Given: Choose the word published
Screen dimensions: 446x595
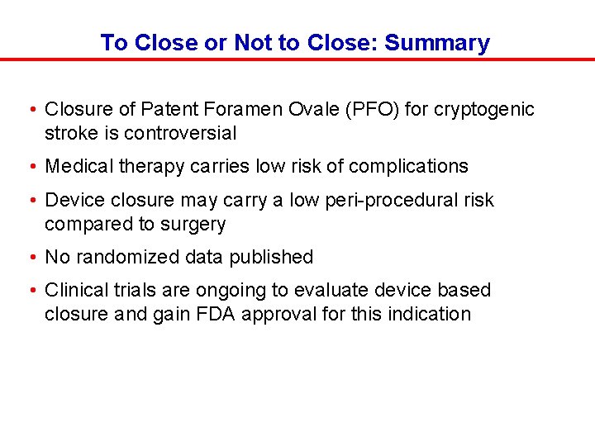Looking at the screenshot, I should click(x=272, y=257).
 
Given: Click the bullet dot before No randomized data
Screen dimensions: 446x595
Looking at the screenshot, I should click(x=30, y=257).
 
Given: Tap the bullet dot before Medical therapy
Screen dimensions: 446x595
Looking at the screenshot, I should click(x=30, y=166).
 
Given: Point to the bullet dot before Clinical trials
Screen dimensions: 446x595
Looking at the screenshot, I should click(x=30, y=290).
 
